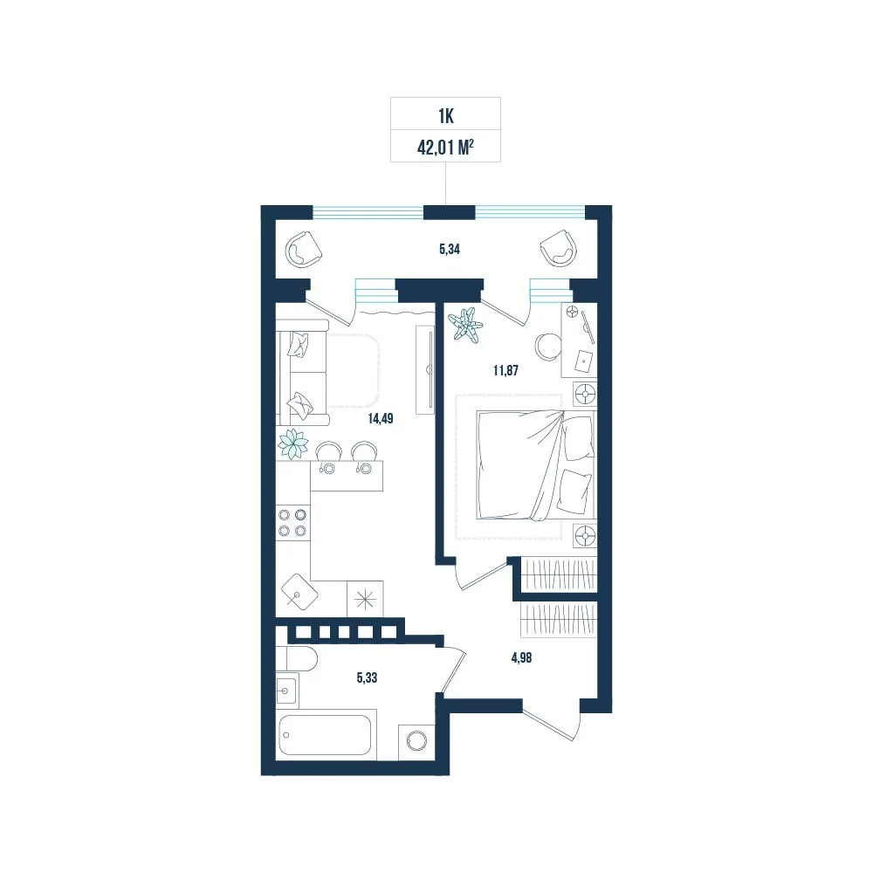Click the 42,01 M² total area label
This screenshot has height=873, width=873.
[445, 148]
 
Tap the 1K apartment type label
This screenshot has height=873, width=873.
[446, 116]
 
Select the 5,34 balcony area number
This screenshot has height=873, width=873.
[450, 249]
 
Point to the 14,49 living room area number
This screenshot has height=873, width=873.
[381, 418]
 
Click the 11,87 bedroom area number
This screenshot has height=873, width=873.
[505, 370]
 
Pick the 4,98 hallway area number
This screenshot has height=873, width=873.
[521, 657]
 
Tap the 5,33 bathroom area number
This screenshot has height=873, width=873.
[367, 677]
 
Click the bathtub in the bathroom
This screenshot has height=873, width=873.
[326, 734]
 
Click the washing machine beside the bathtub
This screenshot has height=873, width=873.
[416, 741]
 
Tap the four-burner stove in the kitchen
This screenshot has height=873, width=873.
[292, 522]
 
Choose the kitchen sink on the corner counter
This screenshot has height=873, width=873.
[299, 591]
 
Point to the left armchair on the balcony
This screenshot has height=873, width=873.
[304, 251]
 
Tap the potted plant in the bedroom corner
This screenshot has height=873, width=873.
[465, 324]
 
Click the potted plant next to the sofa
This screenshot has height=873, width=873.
[292, 444]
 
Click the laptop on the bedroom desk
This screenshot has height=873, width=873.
[583, 361]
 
